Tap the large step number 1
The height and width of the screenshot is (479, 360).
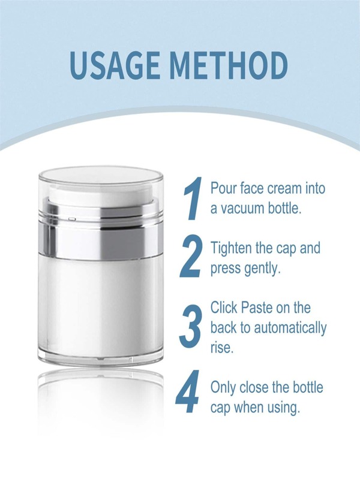(x=193, y=199)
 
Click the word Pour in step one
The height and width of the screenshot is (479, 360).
(x=223, y=188)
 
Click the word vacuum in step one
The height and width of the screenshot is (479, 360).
(x=243, y=209)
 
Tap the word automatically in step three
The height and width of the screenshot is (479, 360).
(x=290, y=329)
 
